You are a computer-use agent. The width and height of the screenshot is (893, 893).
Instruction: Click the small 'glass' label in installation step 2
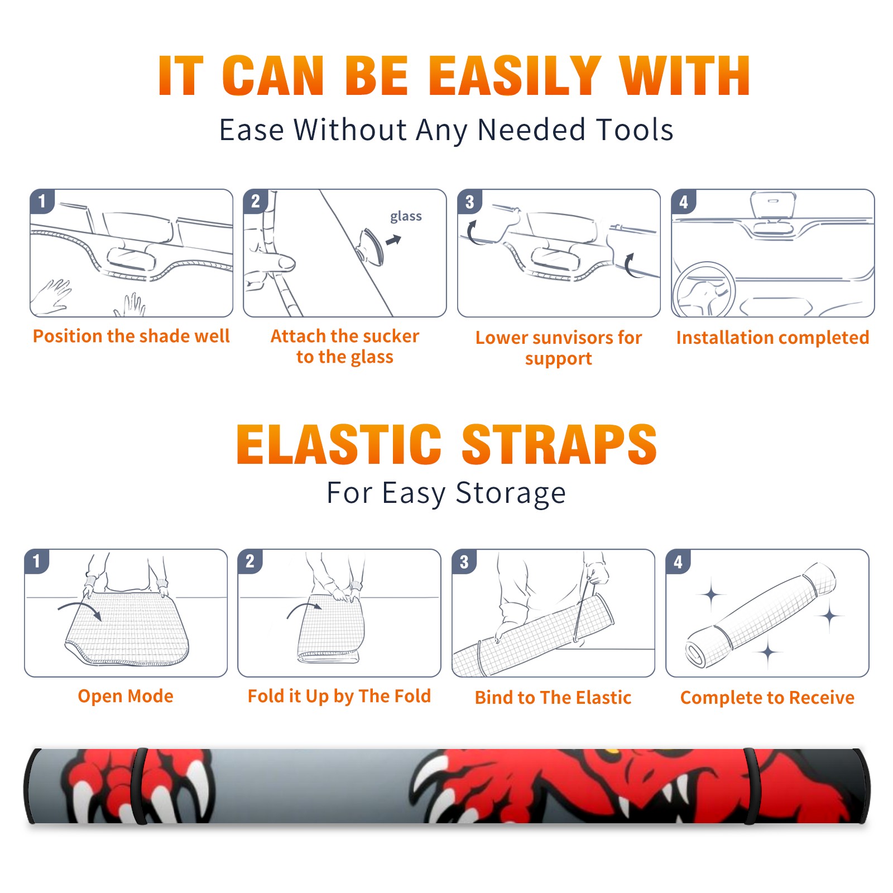tap(406, 217)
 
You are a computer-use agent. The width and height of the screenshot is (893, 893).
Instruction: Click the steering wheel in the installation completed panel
tap(704, 290)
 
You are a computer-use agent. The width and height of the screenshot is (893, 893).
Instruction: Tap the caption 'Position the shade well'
tap(131, 336)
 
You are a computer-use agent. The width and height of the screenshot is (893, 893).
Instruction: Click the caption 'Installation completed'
tap(772, 338)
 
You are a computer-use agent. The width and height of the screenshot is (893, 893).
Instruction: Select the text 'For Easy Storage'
tap(446, 493)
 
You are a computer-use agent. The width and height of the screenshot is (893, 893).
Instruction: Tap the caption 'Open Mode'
tap(126, 696)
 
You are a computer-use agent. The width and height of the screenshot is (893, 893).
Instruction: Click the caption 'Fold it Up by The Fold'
tap(339, 697)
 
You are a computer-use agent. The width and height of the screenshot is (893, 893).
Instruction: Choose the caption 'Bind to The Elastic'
tap(553, 698)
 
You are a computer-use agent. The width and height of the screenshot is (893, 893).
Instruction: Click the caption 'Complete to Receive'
tap(767, 698)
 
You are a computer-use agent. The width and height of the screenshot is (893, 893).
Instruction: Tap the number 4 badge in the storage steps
tap(678, 561)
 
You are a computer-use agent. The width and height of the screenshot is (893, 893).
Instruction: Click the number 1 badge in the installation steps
tap(42, 201)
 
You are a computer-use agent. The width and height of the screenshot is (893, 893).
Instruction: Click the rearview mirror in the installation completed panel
tap(773, 205)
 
